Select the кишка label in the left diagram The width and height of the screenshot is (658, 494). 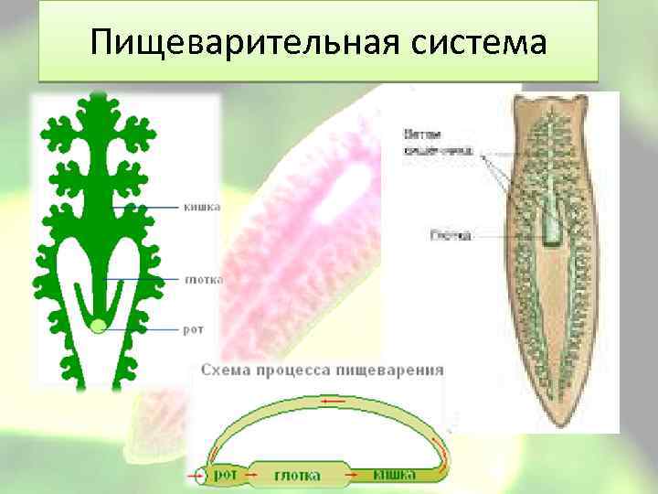202,207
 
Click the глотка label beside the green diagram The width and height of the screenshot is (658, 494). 203,279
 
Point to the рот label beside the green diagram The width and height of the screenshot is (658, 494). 193,328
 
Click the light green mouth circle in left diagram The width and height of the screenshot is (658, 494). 98,325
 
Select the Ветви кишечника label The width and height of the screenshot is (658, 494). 438,145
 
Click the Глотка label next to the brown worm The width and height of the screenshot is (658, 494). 450,235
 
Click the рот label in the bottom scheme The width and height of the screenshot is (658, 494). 225,475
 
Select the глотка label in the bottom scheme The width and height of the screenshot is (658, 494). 297,475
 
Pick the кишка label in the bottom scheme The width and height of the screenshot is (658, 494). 395,475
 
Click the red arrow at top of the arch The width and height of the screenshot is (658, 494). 332,401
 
